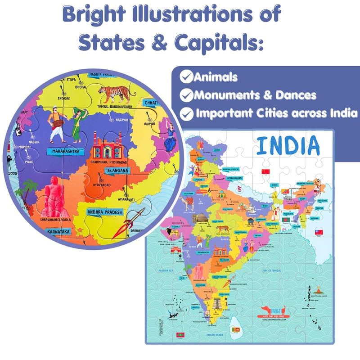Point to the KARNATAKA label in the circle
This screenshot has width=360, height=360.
[58, 232]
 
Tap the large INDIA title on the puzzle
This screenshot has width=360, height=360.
[288, 145]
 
